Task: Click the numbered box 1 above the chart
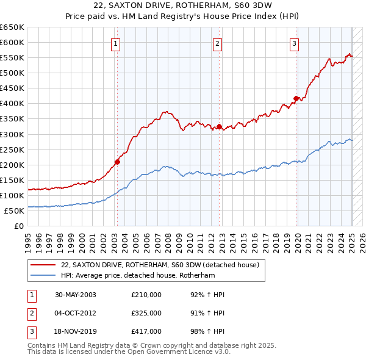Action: pos(115,43)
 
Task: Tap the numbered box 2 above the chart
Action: pos(217,43)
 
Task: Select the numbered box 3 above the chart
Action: pos(294,43)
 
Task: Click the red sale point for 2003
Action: pos(117,162)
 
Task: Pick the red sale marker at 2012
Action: pos(219,127)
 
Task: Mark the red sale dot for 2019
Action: pos(296,98)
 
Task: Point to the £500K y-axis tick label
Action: pos(12,73)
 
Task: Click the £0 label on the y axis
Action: pos(18,226)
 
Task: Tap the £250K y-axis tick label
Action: pos(12,149)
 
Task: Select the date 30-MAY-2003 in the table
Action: pos(76,295)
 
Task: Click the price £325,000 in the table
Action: pos(146,313)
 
